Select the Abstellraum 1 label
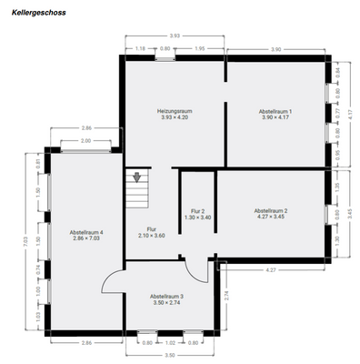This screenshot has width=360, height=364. coord(276,113)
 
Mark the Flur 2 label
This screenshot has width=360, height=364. coord(197,213)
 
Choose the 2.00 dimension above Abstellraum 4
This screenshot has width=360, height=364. coord(85,141)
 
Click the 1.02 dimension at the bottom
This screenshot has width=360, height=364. coord(169,343)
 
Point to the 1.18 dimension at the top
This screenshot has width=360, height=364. coord(140,48)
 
